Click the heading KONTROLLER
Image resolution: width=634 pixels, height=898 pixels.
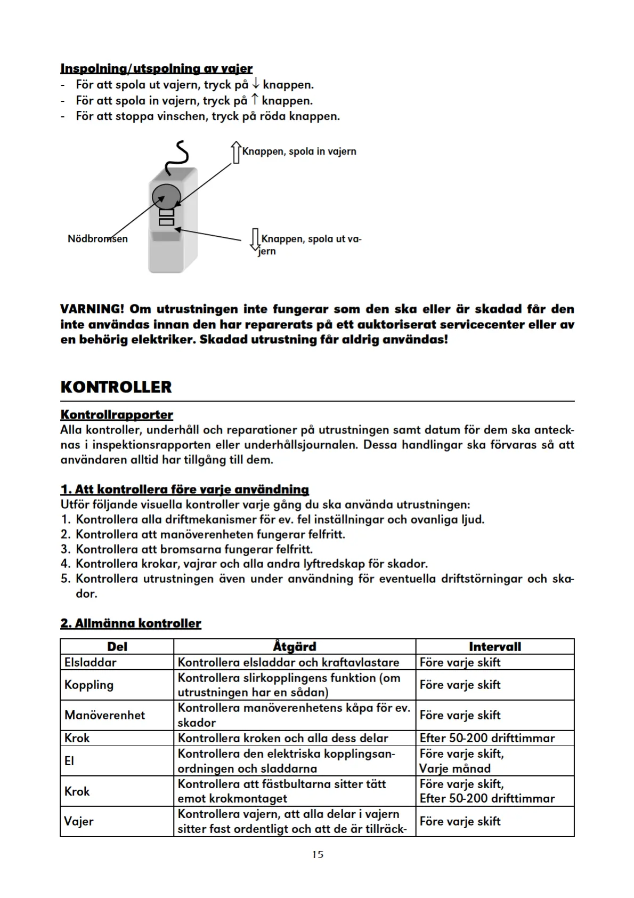tap(116, 387)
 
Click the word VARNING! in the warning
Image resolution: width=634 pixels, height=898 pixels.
tap(92, 309)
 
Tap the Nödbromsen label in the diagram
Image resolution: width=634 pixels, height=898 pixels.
tap(97, 239)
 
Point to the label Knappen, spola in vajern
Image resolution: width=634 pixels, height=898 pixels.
tap(299, 151)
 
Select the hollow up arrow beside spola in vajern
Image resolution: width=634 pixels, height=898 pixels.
tap(235, 151)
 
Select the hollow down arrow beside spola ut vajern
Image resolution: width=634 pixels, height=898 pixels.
tap(255, 239)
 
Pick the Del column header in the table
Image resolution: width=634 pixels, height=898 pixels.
tap(117, 647)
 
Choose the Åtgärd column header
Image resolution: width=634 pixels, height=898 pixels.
tap(294, 647)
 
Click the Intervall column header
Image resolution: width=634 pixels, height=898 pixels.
tap(494, 647)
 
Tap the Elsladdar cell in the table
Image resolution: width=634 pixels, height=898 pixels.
tap(90, 662)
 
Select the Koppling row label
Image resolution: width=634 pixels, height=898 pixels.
tap(88, 685)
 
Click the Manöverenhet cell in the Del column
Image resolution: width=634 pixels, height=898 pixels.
tap(104, 715)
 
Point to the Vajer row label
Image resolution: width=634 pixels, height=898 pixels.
tap(79, 821)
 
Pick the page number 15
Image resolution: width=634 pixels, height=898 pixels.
tap(318, 855)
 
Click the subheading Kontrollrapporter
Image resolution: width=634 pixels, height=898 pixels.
tap(117, 415)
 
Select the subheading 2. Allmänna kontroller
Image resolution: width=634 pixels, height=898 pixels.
tap(131, 623)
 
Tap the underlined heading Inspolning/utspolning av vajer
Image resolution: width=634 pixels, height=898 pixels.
tap(156, 69)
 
